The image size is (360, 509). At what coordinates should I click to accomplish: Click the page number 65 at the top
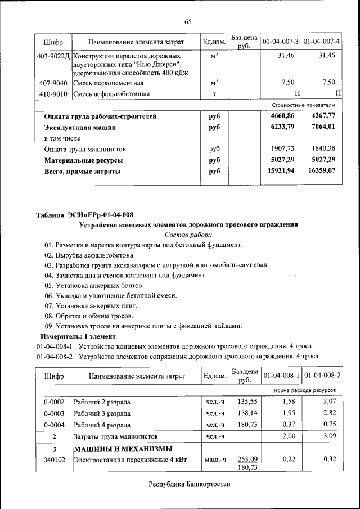188,21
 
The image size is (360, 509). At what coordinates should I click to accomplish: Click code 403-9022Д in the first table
53,56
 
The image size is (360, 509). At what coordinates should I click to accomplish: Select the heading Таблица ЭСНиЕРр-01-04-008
84,214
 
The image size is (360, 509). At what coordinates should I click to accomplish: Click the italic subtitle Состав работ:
188,235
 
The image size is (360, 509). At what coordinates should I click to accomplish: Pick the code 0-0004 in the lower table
54,424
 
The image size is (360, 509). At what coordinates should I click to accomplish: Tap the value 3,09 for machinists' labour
327,436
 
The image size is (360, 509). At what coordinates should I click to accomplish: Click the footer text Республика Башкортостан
189,484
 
